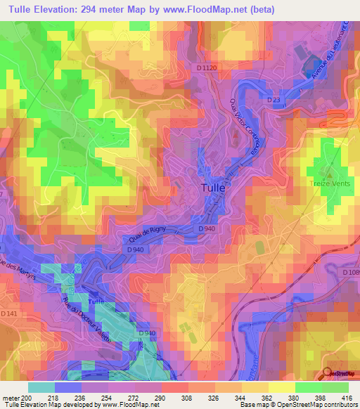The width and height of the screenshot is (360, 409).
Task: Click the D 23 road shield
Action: [274, 100]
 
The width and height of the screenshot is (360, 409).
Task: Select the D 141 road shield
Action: [8, 313]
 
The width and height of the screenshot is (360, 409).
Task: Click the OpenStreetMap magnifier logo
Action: [328, 374]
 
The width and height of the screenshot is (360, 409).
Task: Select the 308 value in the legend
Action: [188, 398]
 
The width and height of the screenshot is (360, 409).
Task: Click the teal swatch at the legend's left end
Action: [41, 387]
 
